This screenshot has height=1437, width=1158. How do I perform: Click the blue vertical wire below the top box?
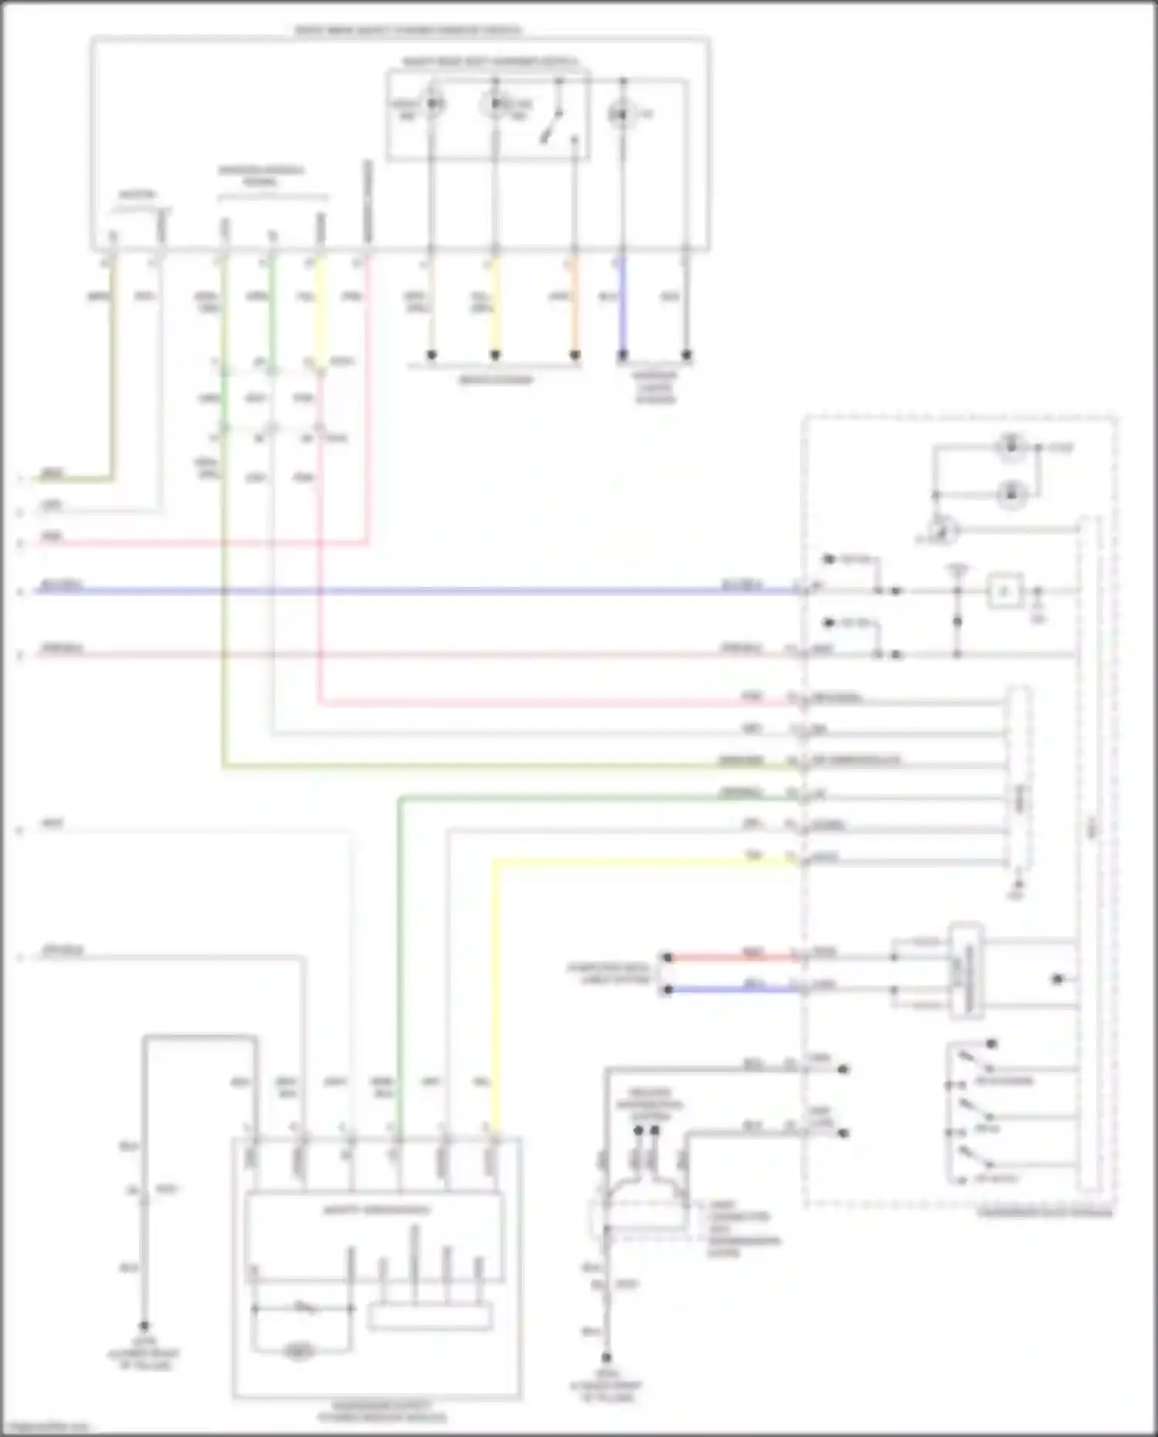pyautogui.click(x=622, y=305)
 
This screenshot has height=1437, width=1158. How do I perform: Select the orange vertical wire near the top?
pyautogui.click(x=574, y=305)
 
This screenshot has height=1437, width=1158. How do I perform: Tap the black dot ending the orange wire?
pyautogui.click(x=574, y=356)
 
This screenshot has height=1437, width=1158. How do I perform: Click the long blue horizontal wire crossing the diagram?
pyautogui.click(x=386, y=591)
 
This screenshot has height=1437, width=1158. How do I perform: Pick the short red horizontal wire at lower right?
pyautogui.click(x=733, y=957)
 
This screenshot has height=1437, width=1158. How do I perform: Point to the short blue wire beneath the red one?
pyautogui.click(x=733, y=989)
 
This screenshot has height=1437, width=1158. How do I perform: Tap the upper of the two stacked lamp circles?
pyautogui.click(x=1011, y=447)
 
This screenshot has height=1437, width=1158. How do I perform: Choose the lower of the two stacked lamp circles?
pyautogui.click(x=1011, y=493)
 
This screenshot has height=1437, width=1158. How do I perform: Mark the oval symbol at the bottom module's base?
pyautogui.click(x=299, y=1351)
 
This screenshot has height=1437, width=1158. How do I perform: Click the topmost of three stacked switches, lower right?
pyautogui.click(x=973, y=1062)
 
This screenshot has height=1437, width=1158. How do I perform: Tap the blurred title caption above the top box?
pyautogui.click(x=409, y=31)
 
